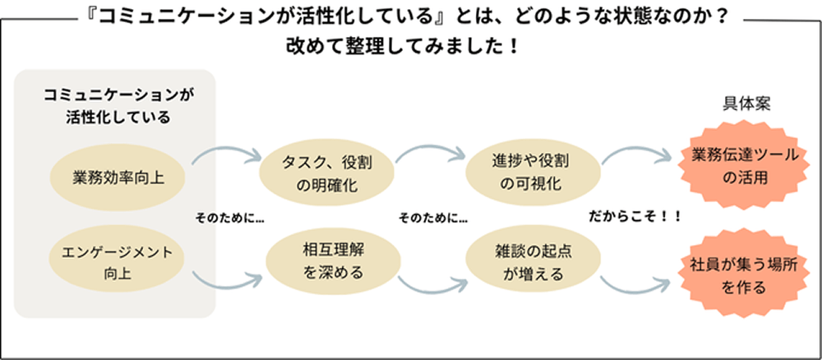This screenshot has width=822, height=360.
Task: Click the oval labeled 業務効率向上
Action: point(118,175)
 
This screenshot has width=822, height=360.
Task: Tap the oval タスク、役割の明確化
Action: point(326,173)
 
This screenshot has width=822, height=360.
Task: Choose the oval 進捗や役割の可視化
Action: point(530,172)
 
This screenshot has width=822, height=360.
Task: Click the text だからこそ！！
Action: point(635,216)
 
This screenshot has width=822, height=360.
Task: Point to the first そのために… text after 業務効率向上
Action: point(229,219)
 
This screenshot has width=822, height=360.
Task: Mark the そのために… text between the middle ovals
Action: point(433,219)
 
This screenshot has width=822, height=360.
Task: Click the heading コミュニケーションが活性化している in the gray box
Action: point(118,106)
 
